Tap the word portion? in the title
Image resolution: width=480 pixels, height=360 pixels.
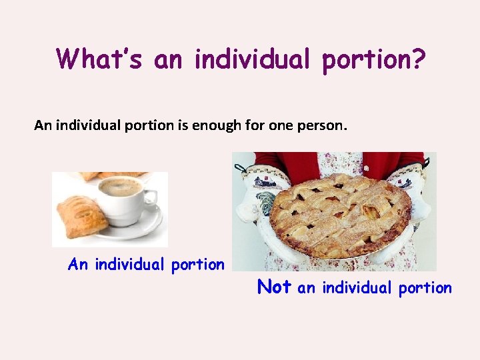tap(373, 60)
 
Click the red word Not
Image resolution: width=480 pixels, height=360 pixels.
tap(274, 287)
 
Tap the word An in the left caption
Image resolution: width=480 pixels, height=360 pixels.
tap(78, 265)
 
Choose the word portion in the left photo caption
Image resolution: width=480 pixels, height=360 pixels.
tap(198, 265)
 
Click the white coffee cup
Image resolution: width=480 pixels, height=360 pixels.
tap(123, 197)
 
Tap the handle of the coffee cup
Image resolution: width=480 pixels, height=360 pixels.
tap(151, 197)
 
